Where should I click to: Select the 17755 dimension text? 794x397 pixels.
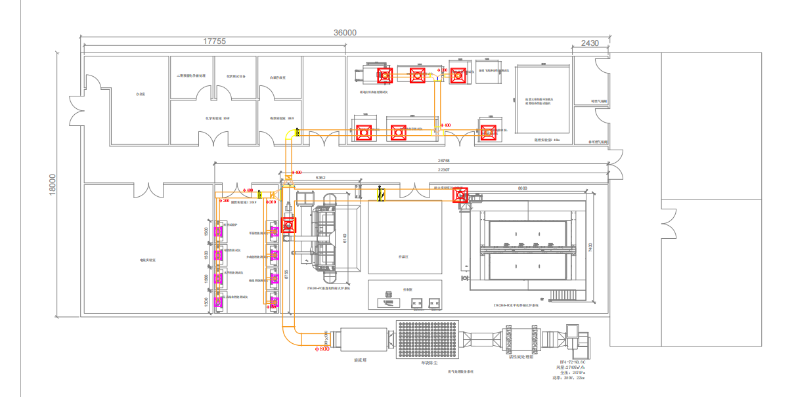(x=214, y=41)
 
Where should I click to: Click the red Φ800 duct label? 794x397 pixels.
(x=322, y=349)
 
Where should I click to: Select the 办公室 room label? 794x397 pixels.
(x=139, y=94)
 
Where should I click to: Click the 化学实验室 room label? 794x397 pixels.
(x=215, y=118)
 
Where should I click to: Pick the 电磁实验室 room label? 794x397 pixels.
(x=147, y=260)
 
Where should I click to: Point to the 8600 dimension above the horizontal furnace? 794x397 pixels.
(x=523, y=188)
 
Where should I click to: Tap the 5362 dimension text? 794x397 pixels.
(x=321, y=178)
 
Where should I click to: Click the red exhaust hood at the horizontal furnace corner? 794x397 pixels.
(x=460, y=194)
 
